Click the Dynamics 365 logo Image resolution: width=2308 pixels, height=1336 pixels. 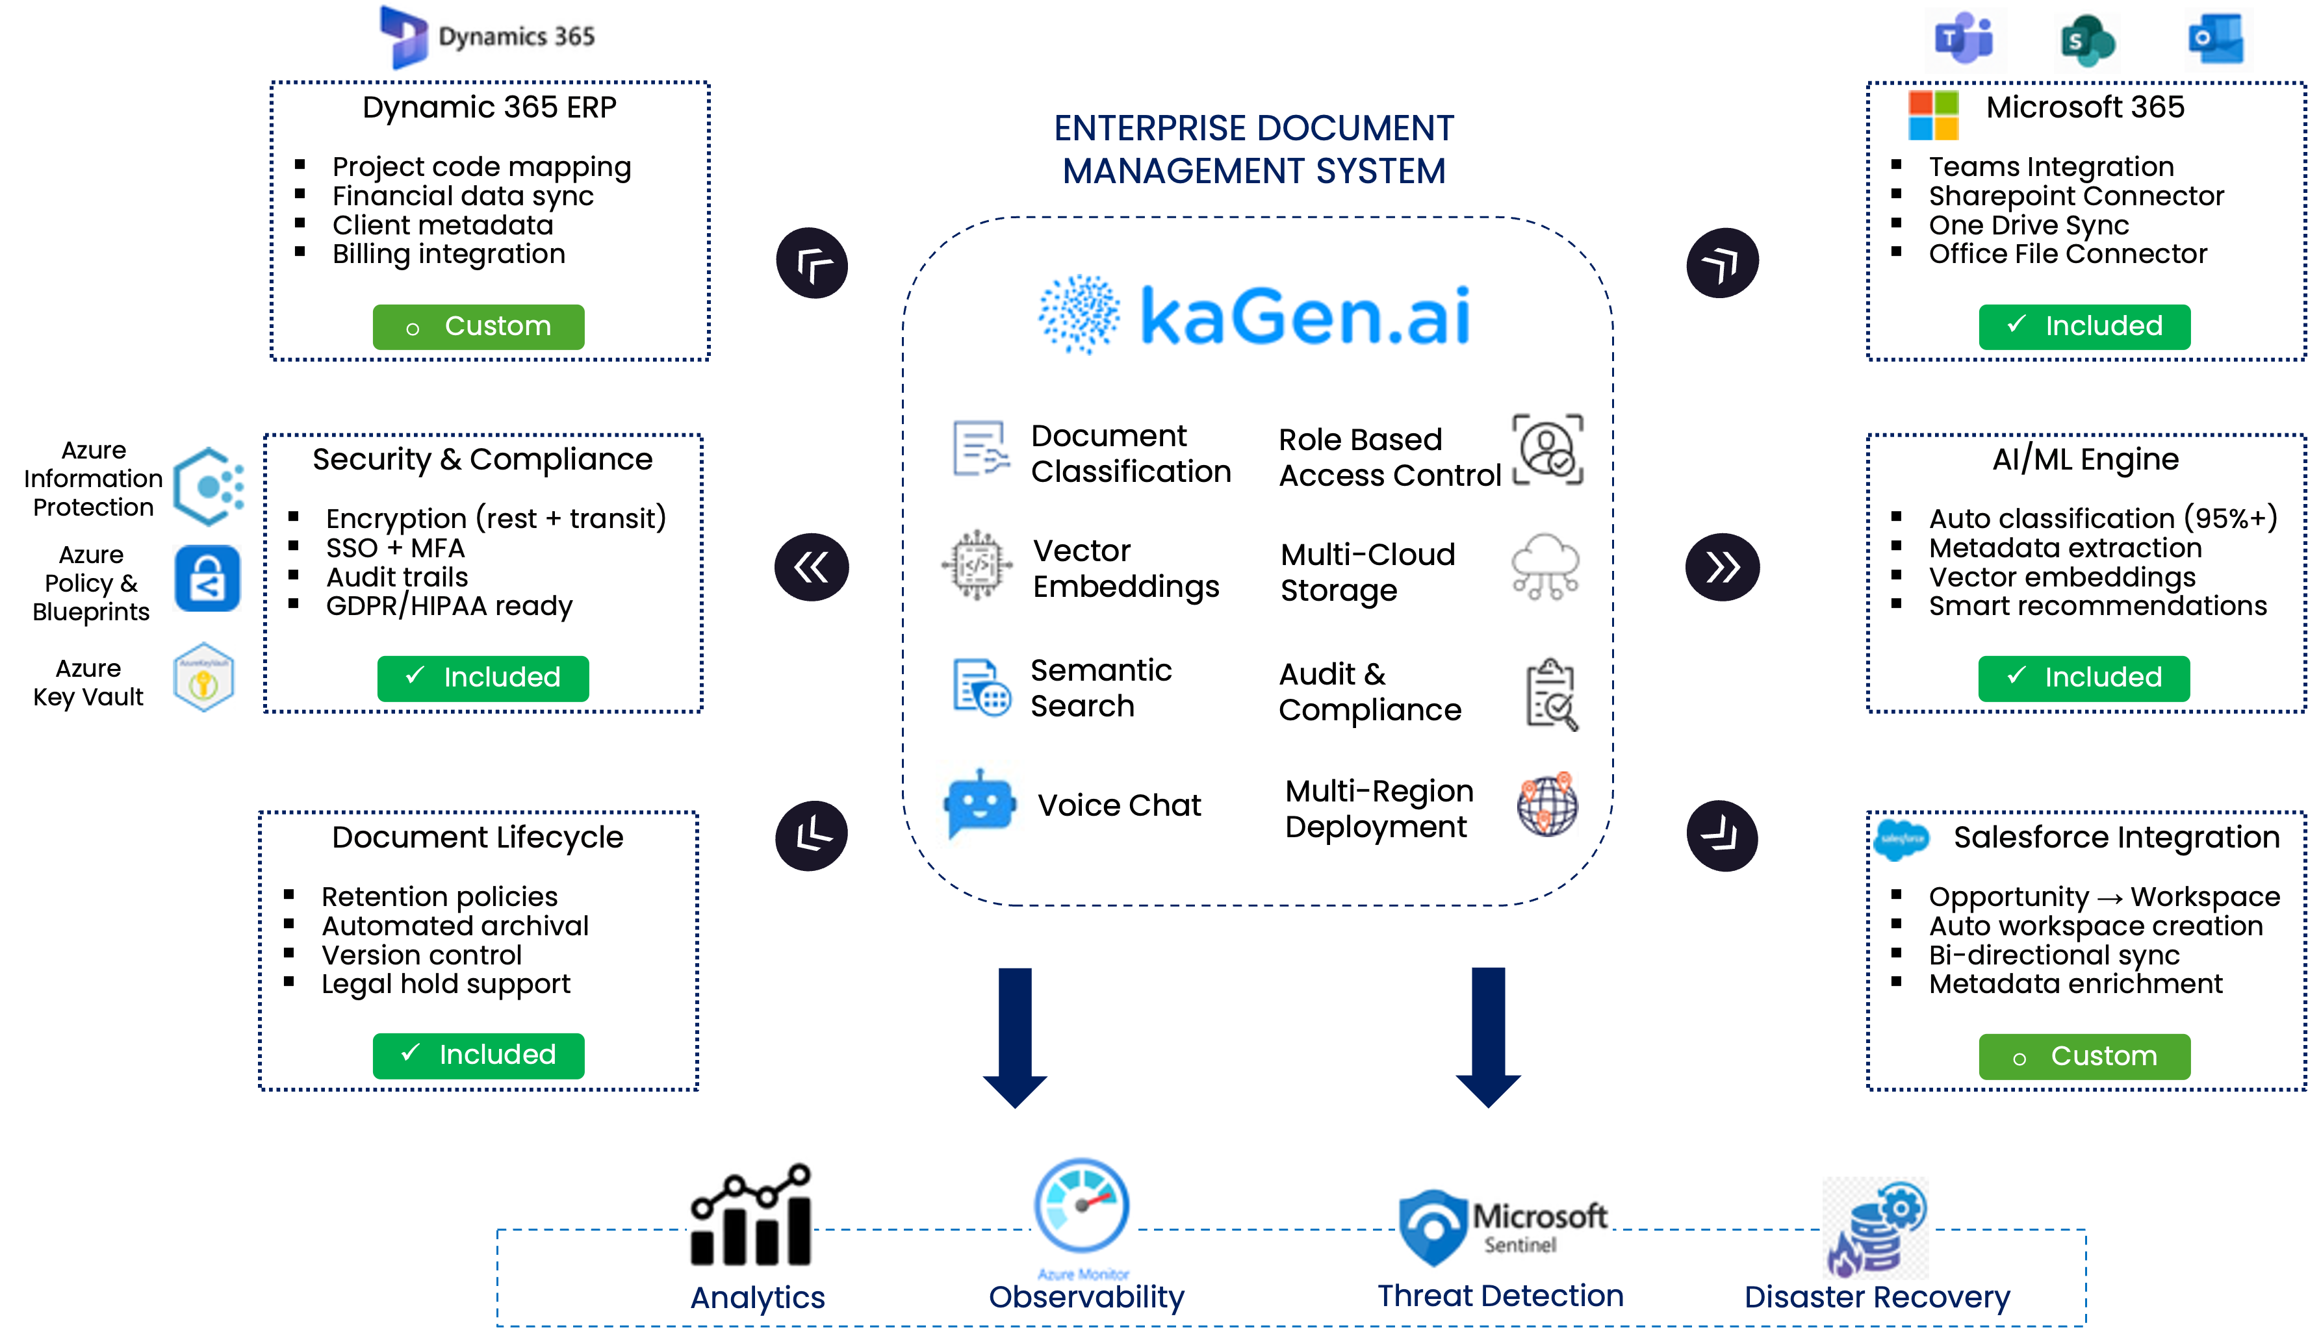(486, 36)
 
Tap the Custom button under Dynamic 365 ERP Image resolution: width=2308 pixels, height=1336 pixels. (478, 327)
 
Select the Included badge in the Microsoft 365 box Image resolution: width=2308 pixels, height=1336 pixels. (2084, 327)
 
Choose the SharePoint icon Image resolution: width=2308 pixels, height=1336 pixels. (2086, 40)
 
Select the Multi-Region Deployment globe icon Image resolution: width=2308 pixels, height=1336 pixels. (1547, 804)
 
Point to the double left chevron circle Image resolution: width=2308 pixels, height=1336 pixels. (812, 567)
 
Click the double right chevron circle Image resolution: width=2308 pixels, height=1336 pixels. (1722, 567)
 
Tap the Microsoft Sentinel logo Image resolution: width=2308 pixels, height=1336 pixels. (1503, 1224)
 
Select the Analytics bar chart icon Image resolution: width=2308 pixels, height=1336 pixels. (750, 1209)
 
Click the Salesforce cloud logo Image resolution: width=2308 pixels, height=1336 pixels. (1901, 838)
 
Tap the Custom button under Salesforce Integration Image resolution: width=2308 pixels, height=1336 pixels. (2084, 1057)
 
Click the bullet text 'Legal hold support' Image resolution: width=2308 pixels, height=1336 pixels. (445, 985)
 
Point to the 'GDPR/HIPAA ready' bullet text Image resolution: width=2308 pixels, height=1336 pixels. (449, 606)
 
